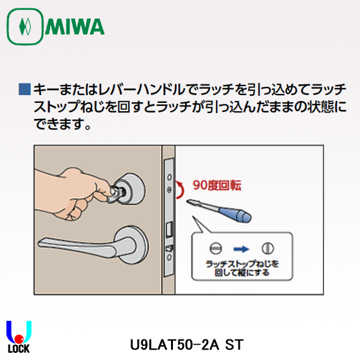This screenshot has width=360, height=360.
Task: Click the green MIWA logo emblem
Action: coord(25,26)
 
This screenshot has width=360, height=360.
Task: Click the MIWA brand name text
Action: coord(73,27)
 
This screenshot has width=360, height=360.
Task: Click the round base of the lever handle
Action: coord(132,244)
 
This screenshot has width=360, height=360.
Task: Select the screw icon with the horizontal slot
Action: coord(216,248)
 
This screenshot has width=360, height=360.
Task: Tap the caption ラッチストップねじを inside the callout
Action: coord(242,264)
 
